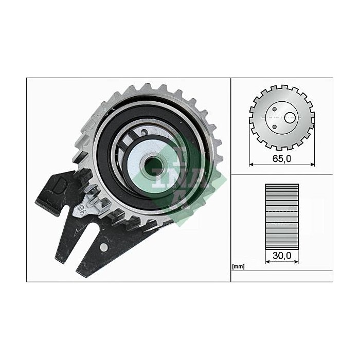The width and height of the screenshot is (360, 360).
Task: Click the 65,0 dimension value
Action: point(281,158)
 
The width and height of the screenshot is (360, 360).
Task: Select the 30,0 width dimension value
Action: point(281,254)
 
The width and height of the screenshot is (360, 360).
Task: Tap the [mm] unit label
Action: point(238,266)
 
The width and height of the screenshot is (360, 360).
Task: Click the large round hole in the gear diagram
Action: point(291,118)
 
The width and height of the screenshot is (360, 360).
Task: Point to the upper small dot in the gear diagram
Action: point(275,109)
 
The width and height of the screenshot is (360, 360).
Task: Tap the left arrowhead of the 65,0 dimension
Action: point(251,165)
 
